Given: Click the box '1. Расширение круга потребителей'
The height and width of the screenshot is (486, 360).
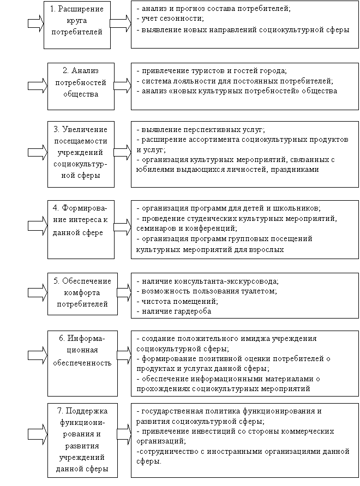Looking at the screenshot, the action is pyautogui.click(x=77, y=25).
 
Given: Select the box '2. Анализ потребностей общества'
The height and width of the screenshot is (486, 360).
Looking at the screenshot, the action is pyautogui.click(x=81, y=87).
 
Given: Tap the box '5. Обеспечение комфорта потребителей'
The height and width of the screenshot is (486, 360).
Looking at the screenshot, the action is pyautogui.click(x=82, y=294).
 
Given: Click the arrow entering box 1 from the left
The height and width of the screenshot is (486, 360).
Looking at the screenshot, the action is pyautogui.click(x=36, y=23).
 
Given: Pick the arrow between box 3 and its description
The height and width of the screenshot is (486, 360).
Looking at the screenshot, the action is pyautogui.click(x=123, y=152).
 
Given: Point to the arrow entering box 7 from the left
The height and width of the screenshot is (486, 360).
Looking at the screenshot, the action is pyautogui.click(x=38, y=433).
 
